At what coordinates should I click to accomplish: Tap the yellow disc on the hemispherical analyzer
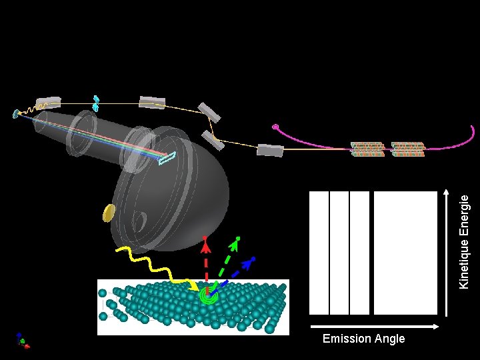pyautogui.click(x=109, y=213)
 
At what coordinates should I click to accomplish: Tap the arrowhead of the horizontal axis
pyautogui.click(x=437, y=326)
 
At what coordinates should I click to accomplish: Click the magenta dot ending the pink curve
pyautogui.click(x=275, y=127)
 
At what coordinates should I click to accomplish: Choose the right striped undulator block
pyautogui.click(x=408, y=149)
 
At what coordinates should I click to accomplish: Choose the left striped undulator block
pyautogui.click(x=368, y=149)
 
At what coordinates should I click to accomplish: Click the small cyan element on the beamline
pyautogui.click(x=96, y=102)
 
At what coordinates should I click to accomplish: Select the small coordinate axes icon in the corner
pyautogui.click(x=23, y=341)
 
